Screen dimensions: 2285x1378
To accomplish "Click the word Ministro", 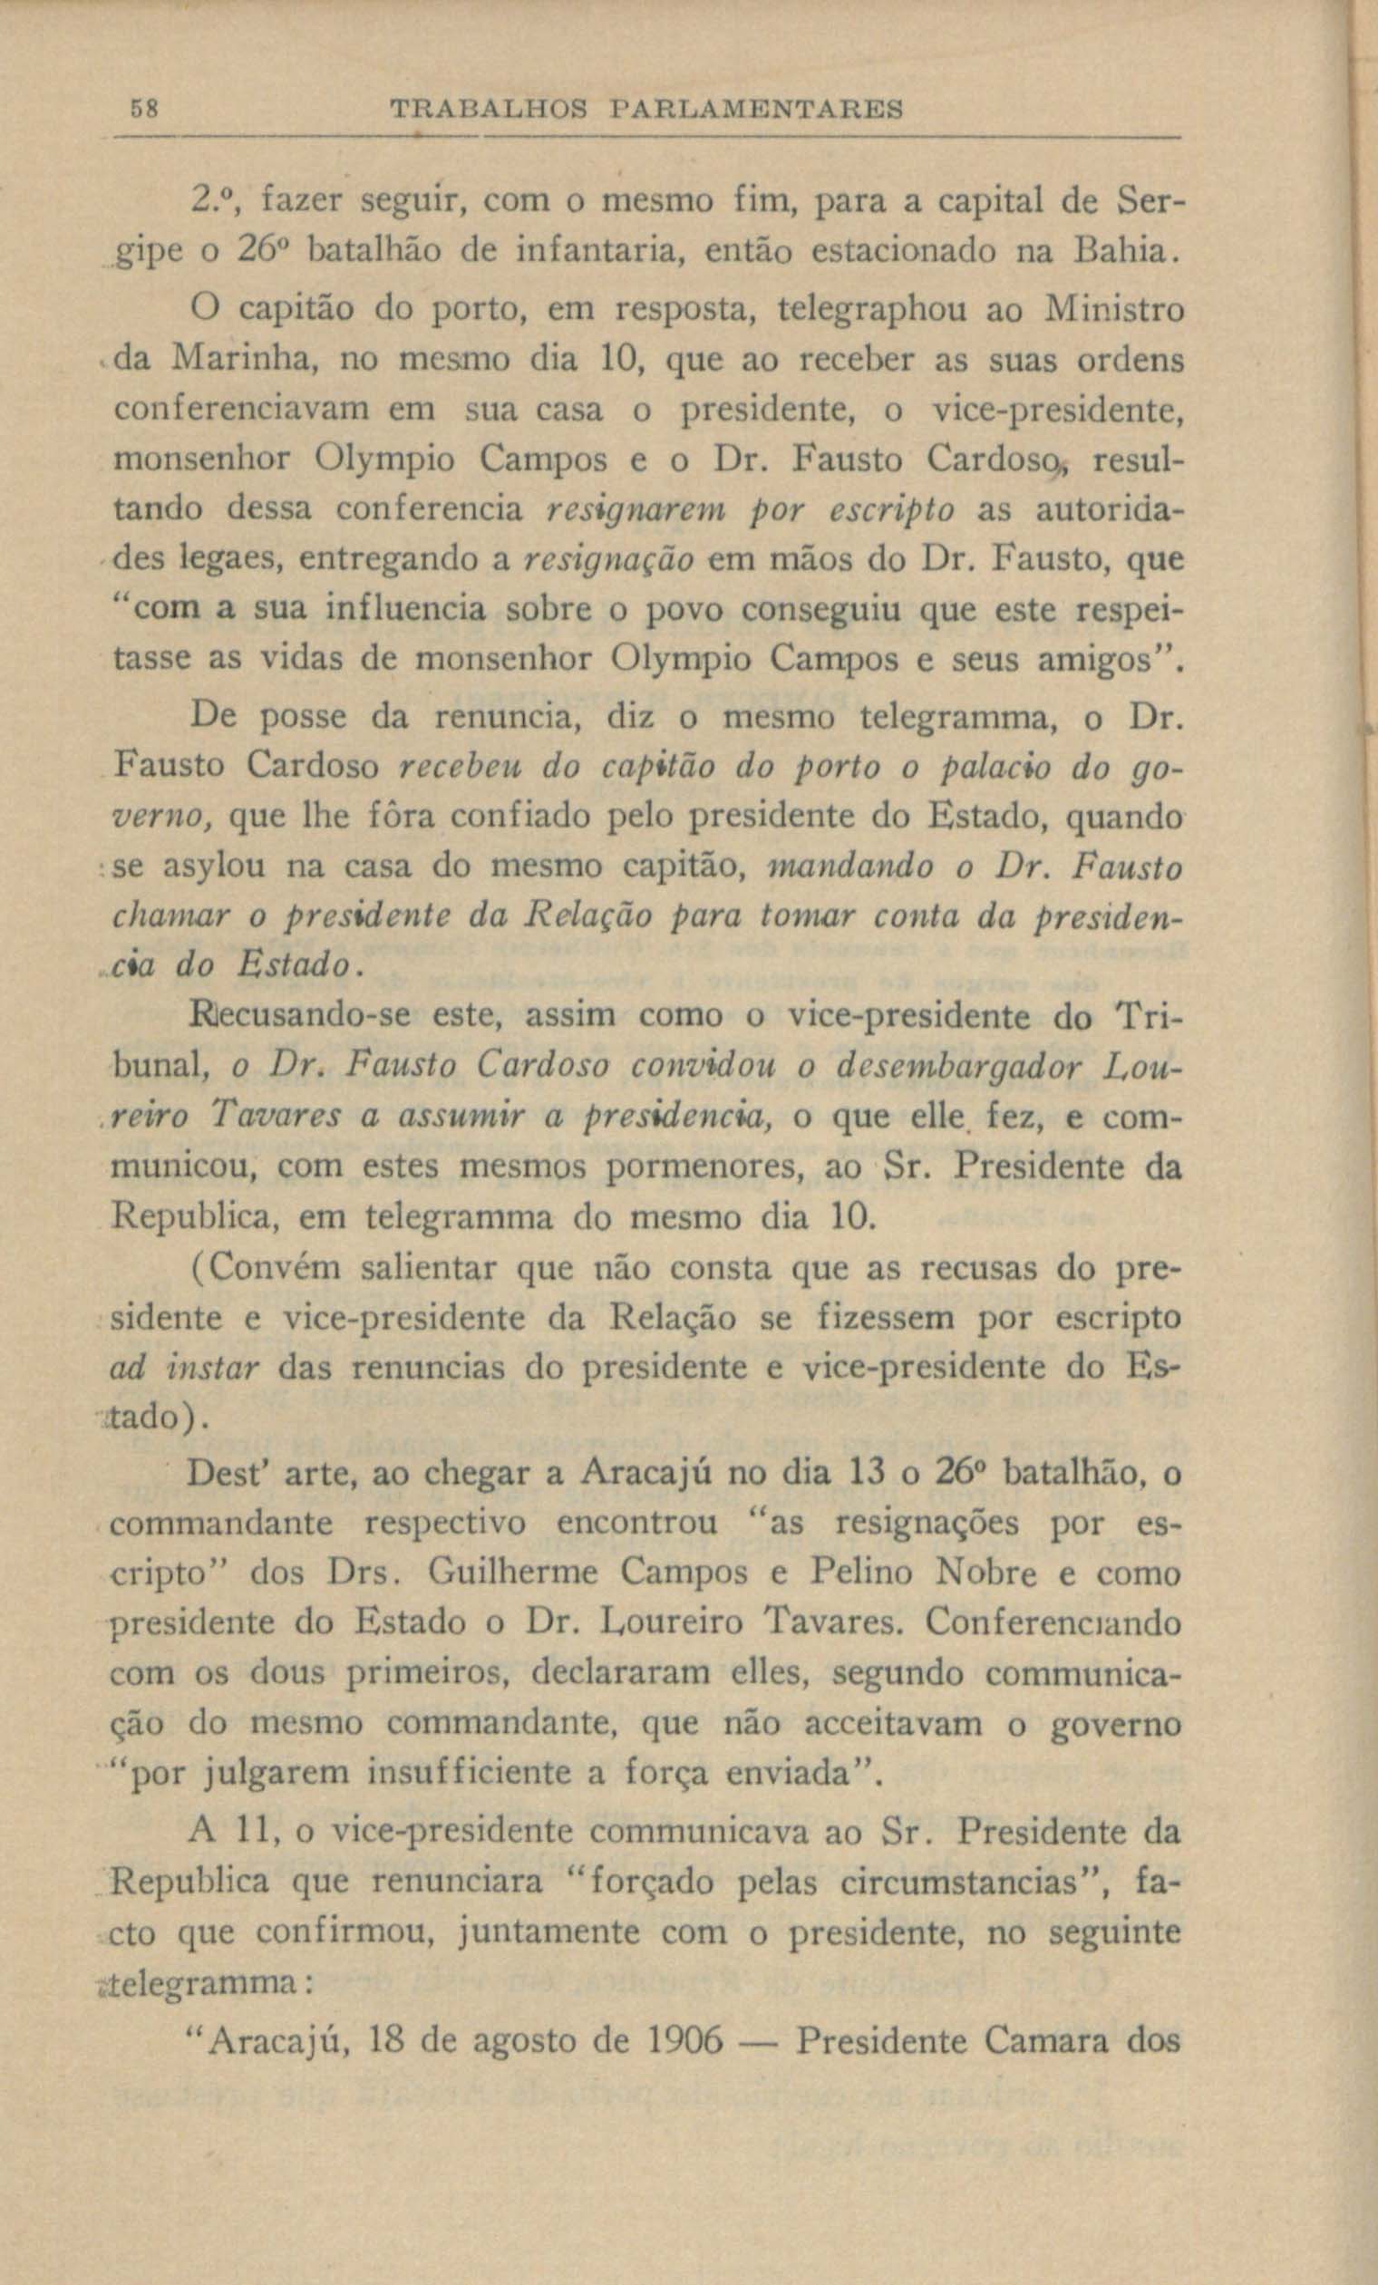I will pyautogui.click(x=1112, y=309).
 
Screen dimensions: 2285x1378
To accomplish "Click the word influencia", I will pyautogui.click(x=405, y=609).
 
